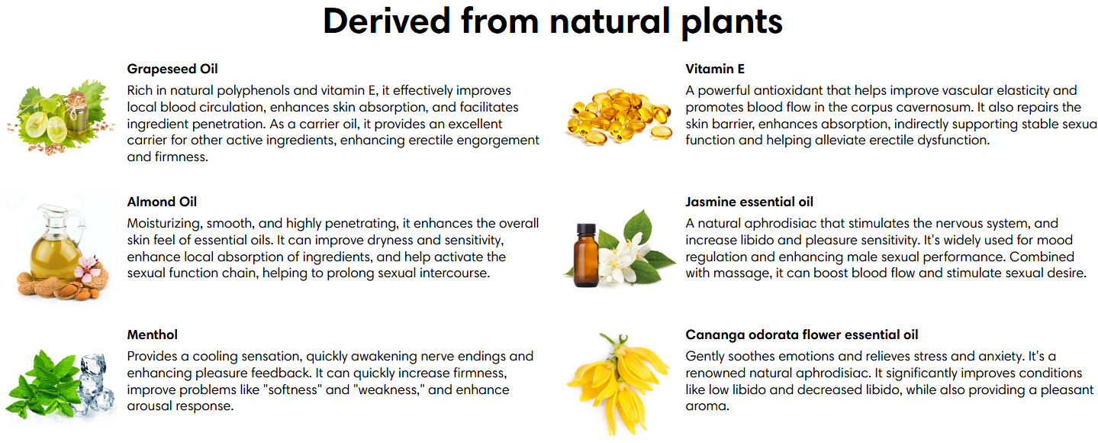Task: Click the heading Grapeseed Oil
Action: [172, 69]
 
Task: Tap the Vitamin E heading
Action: [715, 69]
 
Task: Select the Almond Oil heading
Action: [162, 202]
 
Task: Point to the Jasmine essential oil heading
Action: [749, 202]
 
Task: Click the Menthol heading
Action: [152, 335]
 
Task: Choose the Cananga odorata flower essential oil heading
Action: [801, 335]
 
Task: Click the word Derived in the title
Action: [386, 21]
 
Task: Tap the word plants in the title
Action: [732, 24]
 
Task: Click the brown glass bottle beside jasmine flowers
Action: [586, 255]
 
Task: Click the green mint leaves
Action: [44, 385]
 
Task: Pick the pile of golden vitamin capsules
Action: [619, 117]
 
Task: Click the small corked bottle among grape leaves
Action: [78, 115]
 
